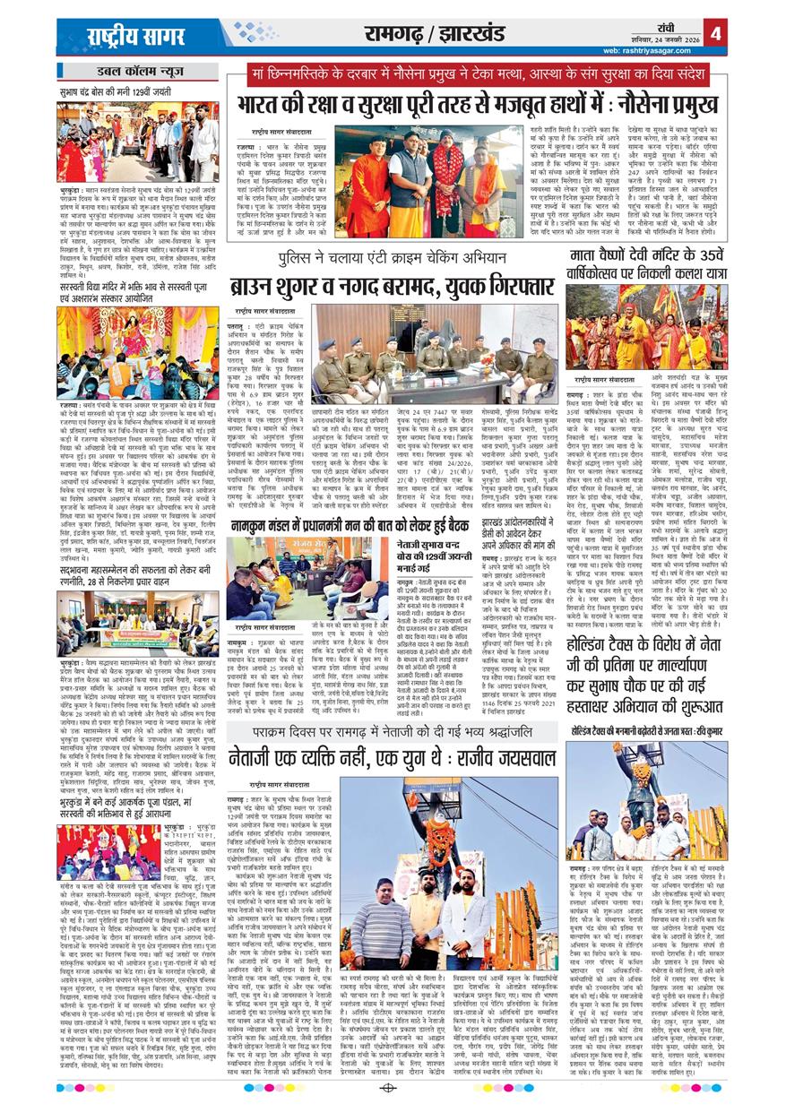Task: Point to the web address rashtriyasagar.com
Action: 667,49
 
